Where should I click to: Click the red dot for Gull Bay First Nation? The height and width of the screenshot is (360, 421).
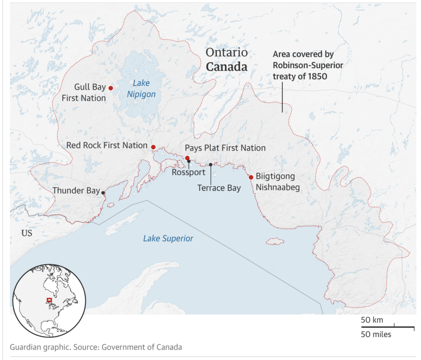click(110, 88)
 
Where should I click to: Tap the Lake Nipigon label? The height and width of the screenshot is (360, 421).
click(141, 89)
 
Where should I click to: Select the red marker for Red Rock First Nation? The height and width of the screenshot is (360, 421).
click(153, 147)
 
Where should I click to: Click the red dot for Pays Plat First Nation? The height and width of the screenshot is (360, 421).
click(187, 158)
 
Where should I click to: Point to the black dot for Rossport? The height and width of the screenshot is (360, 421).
click(189, 162)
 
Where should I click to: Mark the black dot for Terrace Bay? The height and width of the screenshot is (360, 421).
click(210, 164)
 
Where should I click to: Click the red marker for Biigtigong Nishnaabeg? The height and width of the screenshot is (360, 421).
click(251, 177)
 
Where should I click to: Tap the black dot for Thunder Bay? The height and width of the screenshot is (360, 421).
click(103, 192)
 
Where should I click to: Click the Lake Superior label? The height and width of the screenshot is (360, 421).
click(168, 238)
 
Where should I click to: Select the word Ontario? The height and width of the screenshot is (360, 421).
click(227, 53)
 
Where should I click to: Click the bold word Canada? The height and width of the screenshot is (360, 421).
click(227, 67)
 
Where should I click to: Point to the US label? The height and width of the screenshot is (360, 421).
click(27, 233)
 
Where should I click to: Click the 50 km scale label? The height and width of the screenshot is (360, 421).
click(372, 320)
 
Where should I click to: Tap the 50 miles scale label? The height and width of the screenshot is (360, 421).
click(376, 334)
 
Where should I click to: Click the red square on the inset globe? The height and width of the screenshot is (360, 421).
click(49, 300)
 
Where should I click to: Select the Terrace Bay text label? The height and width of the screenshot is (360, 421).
click(219, 188)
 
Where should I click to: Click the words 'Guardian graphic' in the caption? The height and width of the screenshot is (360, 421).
click(39, 347)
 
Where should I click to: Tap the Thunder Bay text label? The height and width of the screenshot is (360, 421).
click(76, 191)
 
